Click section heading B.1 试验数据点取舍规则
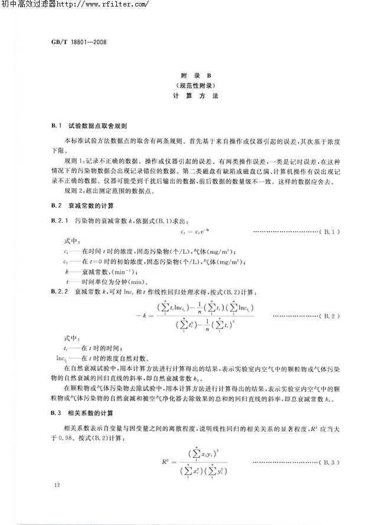pyautogui.click(x=94, y=126)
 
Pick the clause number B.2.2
pyautogui.click(x=61, y=291)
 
